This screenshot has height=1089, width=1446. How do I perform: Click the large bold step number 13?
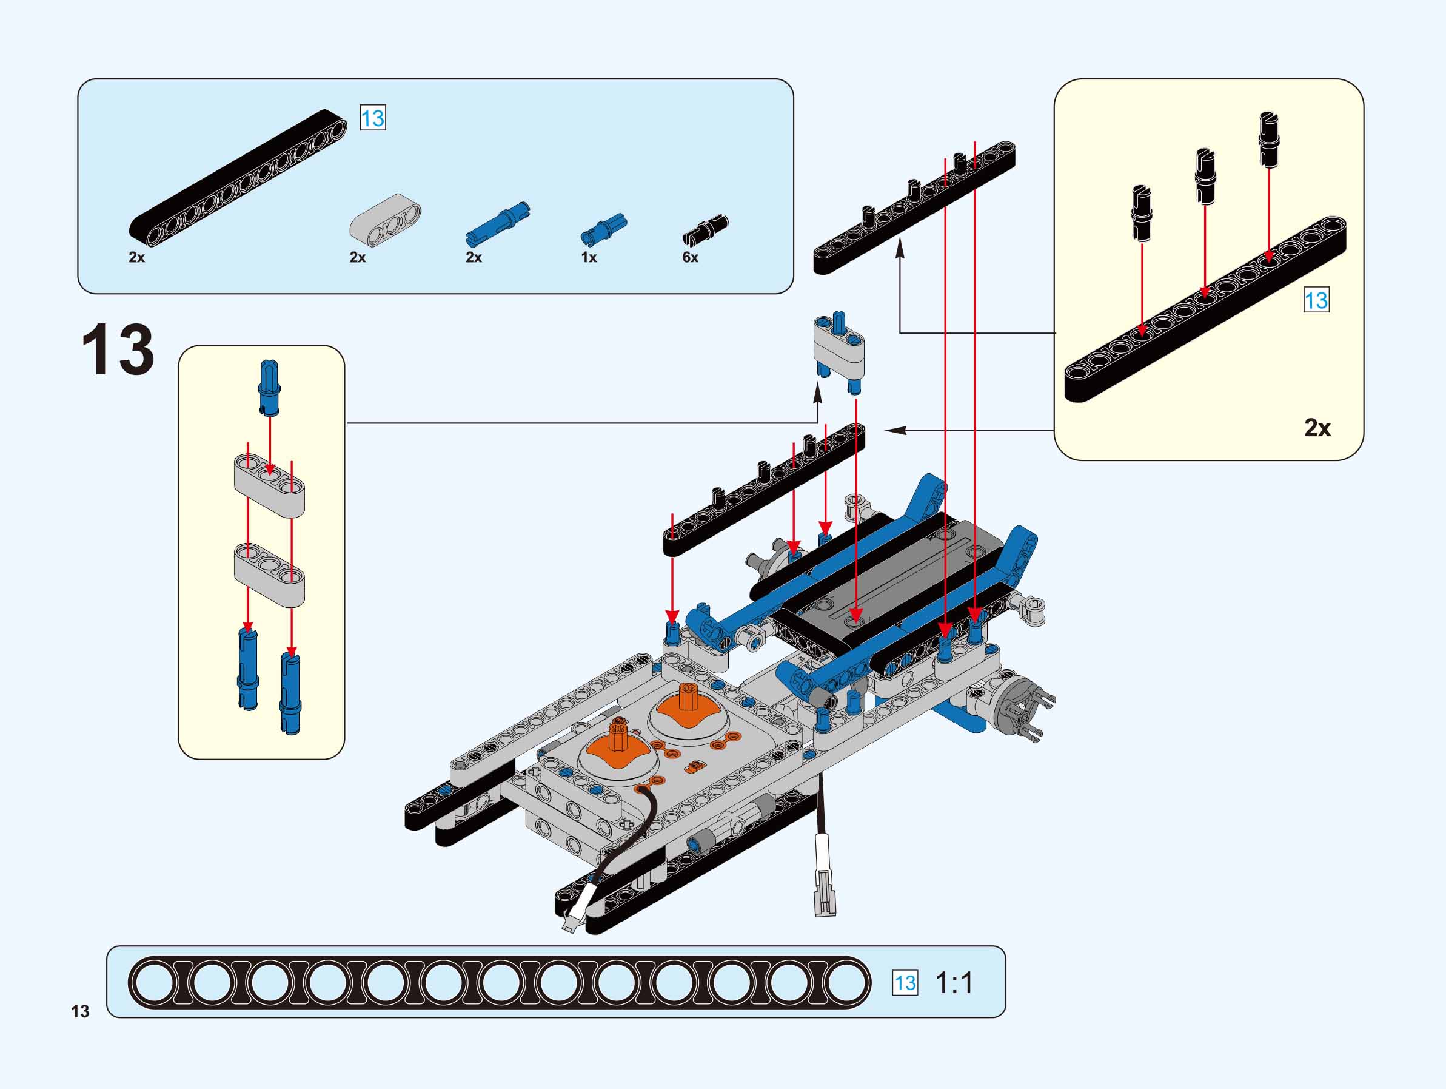point(118,349)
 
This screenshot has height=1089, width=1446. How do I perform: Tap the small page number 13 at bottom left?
point(80,1011)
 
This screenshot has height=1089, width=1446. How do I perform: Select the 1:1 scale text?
point(954,982)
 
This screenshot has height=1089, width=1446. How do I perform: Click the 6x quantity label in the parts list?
point(690,257)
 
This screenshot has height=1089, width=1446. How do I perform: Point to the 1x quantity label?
point(588,257)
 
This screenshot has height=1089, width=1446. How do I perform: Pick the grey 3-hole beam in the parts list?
point(385,220)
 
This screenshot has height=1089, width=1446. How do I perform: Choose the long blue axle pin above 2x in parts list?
point(498,224)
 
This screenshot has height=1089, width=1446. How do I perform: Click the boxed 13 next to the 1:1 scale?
point(905,982)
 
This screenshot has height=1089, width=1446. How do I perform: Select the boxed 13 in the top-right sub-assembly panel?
point(1316,300)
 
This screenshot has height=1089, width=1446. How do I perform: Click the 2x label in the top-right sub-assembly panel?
point(1317,428)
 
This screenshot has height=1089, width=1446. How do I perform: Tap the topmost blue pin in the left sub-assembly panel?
point(269,387)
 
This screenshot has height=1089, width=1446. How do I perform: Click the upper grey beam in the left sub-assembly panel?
point(269,487)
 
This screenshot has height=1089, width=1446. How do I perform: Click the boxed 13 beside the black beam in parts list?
point(373,118)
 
